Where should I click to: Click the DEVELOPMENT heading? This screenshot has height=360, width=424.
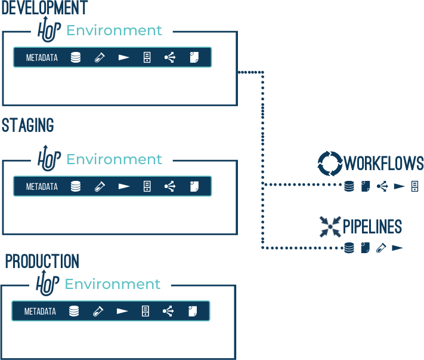pos(44,8)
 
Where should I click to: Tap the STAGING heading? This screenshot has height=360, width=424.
pos(27,125)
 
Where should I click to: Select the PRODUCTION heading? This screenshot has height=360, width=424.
pos(42,261)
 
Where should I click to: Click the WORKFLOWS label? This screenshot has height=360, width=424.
pos(384,163)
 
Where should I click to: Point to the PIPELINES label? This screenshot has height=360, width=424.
pos(372,227)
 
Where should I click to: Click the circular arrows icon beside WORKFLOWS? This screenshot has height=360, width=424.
pos(329,162)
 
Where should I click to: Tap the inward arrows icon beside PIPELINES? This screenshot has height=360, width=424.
pos(329,226)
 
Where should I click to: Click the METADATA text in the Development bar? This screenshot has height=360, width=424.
pos(42,58)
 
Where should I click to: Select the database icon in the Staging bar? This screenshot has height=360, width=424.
pos(76,186)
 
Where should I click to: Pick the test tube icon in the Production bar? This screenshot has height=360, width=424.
pos(98,311)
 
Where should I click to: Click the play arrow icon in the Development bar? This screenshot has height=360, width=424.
pos(123,58)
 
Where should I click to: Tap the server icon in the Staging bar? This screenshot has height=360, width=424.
pos(147,186)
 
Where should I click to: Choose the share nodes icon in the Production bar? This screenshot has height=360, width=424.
pos(168,311)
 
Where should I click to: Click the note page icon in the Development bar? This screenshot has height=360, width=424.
pos(193,58)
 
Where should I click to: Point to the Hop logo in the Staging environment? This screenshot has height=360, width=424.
pos(49,158)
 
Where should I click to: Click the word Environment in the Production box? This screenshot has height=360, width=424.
pos(113,284)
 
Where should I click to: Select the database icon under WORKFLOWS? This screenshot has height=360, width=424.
pos(349,187)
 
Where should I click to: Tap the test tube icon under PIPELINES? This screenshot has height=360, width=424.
pos(381,247)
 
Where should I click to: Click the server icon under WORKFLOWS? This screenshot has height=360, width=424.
pos(415,187)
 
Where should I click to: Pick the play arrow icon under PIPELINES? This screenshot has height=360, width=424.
pos(397,247)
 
